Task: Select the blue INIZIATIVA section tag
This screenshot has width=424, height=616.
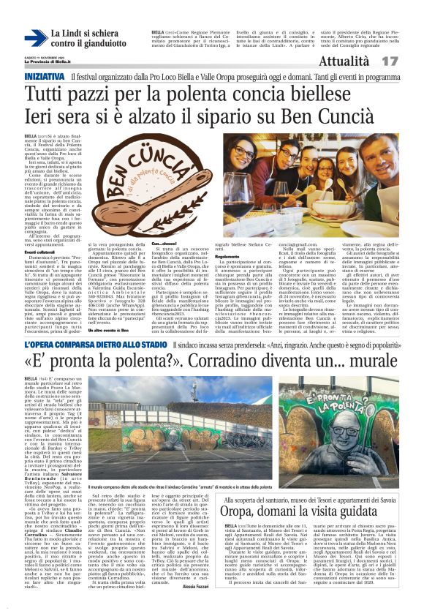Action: click(x=45, y=77)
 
